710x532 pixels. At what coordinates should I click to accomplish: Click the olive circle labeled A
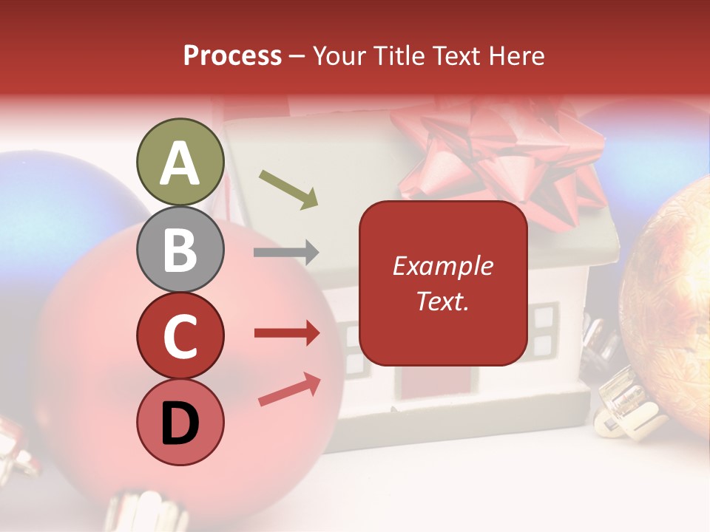(x=180, y=163)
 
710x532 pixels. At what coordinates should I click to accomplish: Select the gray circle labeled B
(x=180, y=249)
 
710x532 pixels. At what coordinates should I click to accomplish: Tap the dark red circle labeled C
(x=180, y=335)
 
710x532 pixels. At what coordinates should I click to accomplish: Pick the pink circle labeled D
(x=180, y=422)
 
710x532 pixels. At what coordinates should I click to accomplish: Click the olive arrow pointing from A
(x=288, y=188)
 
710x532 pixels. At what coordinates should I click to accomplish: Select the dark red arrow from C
(x=286, y=333)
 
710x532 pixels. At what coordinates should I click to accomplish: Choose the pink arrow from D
(x=289, y=389)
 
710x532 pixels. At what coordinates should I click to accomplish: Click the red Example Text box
(x=443, y=283)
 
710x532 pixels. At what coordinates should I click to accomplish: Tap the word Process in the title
(x=232, y=55)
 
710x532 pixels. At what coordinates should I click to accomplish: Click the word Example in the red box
(x=443, y=266)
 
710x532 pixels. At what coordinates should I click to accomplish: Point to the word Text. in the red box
(x=443, y=301)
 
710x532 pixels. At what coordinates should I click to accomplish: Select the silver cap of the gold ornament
(x=625, y=406)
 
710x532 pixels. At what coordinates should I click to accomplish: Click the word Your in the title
(x=337, y=55)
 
